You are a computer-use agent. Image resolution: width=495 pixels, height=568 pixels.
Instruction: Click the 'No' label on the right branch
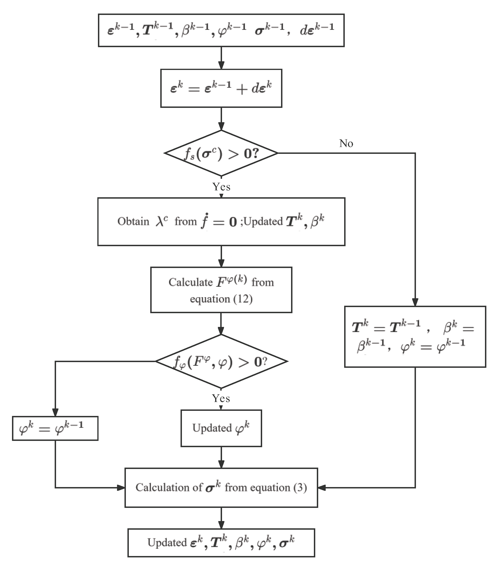pyautogui.click(x=346, y=143)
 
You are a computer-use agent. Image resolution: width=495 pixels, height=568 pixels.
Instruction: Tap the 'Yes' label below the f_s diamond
pyautogui.click(x=221, y=187)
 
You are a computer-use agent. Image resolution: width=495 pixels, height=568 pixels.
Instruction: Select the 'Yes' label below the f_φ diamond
pyautogui.click(x=221, y=398)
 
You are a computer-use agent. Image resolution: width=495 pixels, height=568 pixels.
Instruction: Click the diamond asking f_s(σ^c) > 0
pyautogui.click(x=221, y=153)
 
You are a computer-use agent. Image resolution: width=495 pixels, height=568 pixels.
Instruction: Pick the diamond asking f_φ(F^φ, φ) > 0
pyautogui.click(x=221, y=362)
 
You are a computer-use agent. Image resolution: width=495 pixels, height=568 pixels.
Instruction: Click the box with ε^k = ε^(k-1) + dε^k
pyautogui.click(x=221, y=88)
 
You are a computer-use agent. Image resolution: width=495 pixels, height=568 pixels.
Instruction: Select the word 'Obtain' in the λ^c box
pyautogui.click(x=133, y=221)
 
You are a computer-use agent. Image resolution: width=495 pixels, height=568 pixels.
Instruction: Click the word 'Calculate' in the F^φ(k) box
pyautogui.click(x=190, y=282)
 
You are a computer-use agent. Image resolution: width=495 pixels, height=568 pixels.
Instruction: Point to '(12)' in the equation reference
pyautogui.click(x=243, y=299)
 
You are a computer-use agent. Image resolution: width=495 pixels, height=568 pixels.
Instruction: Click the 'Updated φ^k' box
pyautogui.click(x=221, y=428)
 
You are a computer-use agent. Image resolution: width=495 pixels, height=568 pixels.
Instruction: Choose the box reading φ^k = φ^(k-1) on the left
pyautogui.click(x=55, y=428)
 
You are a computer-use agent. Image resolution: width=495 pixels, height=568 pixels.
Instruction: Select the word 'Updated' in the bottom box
pyautogui.click(x=167, y=543)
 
